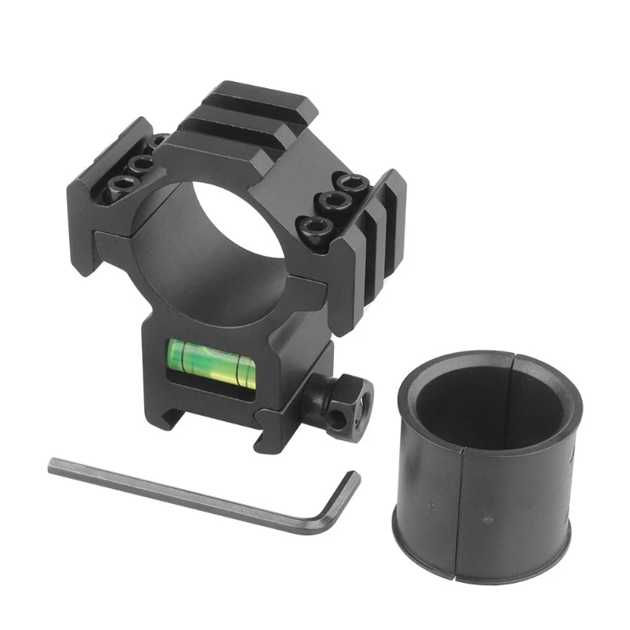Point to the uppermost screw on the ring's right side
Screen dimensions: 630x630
[345, 180]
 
